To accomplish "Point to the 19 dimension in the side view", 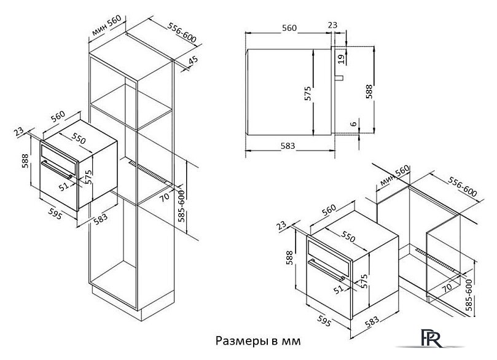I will pyautogui.click(x=340, y=58).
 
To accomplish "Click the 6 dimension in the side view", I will pyautogui.click(x=352, y=123).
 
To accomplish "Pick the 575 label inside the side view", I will pyautogui.click(x=308, y=93).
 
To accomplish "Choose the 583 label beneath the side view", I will pyautogui.click(x=288, y=146).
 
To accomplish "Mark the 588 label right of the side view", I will pyautogui.click(x=369, y=91).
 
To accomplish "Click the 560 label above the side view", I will pyautogui.click(x=288, y=28).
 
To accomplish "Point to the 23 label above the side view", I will pyautogui.click(x=332, y=25).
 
